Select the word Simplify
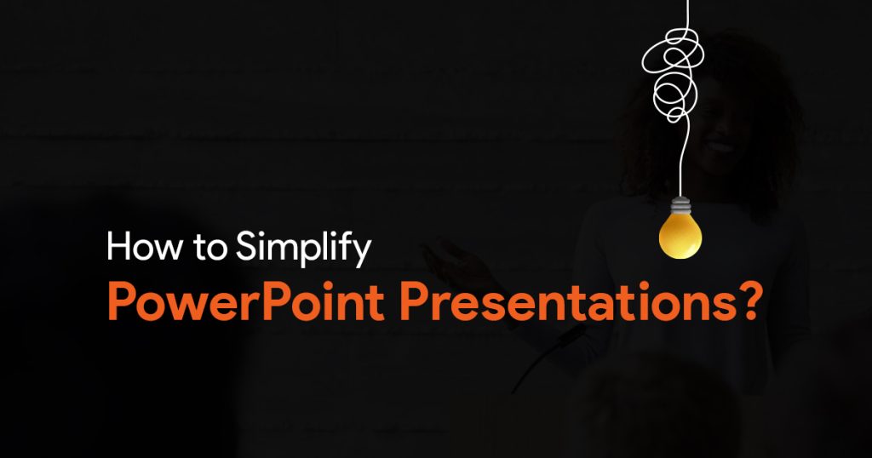click(x=303, y=249)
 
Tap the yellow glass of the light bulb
click(x=680, y=237)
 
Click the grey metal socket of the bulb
click(x=680, y=206)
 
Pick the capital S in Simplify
click(x=247, y=246)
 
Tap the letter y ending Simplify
click(x=361, y=254)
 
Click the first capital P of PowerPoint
click(x=120, y=302)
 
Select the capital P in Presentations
click(x=413, y=302)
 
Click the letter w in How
click(x=168, y=249)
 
